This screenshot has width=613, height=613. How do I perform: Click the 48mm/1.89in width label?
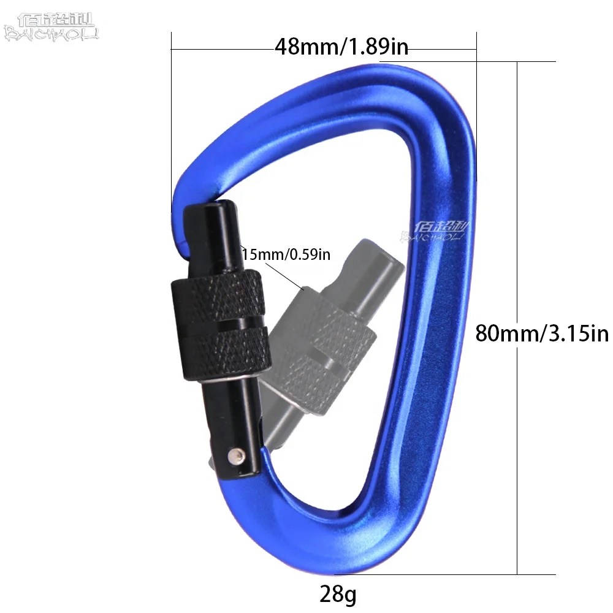(341, 47)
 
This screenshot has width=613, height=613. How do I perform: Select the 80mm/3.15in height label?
(542, 333)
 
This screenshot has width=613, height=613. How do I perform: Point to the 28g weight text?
(338, 593)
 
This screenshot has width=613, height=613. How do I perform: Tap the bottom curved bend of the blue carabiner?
(343, 539)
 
